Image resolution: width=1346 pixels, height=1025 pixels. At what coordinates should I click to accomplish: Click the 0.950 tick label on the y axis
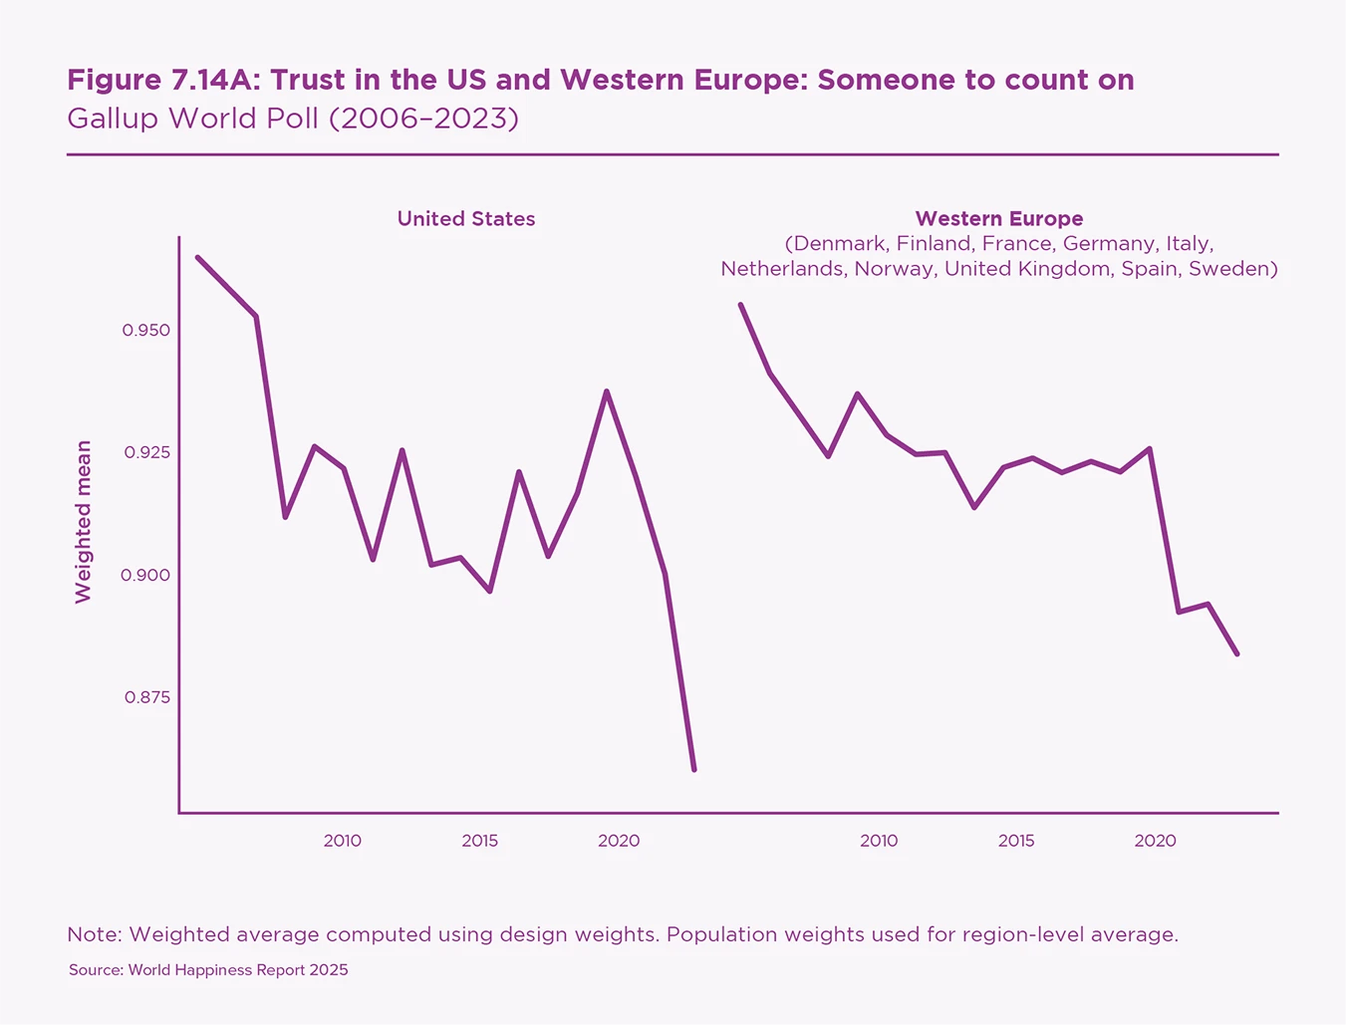[x=146, y=330]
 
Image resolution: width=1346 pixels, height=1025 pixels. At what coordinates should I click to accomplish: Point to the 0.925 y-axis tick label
[x=146, y=452]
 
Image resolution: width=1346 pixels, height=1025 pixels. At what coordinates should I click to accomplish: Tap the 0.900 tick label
[x=146, y=575]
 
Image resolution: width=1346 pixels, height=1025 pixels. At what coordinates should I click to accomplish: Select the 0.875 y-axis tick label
[x=146, y=697]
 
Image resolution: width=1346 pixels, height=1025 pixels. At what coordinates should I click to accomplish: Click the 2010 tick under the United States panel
[x=343, y=841]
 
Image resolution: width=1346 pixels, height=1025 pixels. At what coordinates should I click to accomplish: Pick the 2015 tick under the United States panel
[x=480, y=841]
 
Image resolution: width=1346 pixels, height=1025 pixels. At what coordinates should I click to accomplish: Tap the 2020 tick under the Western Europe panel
[x=1156, y=841]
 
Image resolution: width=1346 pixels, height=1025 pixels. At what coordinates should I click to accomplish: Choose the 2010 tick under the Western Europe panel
[x=879, y=841]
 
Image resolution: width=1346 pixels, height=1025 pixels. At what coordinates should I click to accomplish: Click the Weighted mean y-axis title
[x=84, y=521]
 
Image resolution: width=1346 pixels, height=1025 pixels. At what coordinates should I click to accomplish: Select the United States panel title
[x=466, y=219]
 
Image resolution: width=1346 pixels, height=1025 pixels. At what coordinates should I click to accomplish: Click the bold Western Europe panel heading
[x=999, y=219]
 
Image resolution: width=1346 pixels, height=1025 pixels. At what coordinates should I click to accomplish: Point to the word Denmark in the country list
[x=838, y=244]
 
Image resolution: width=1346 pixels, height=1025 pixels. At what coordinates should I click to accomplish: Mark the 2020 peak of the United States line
[x=607, y=391]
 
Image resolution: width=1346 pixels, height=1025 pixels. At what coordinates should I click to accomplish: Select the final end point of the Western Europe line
[x=1237, y=654]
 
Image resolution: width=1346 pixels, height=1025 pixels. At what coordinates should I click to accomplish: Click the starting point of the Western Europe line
[x=740, y=305]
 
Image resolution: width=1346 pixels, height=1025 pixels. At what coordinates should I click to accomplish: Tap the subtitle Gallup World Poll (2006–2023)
[x=293, y=119]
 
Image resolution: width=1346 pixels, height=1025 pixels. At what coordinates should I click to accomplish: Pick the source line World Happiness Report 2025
[x=208, y=970]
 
